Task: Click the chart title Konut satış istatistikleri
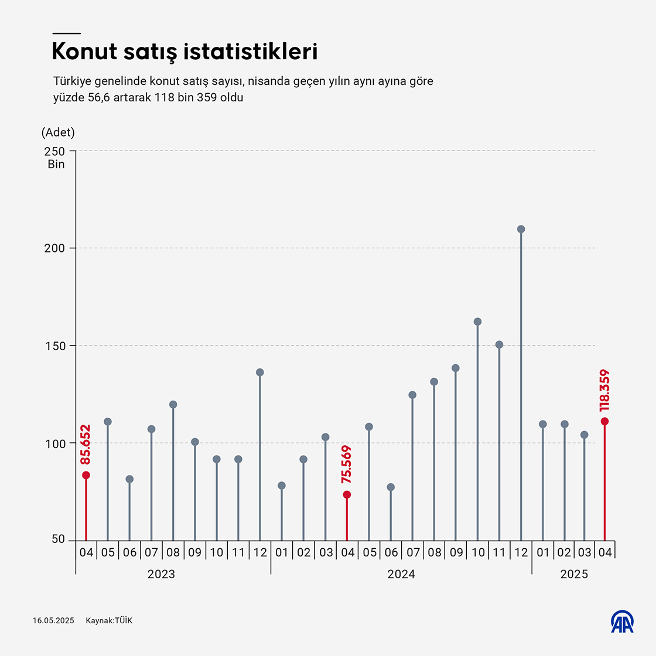(x=184, y=52)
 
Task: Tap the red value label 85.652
(x=86, y=445)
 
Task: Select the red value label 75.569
(x=347, y=464)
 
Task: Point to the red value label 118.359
(x=604, y=390)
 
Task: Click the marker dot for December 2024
(x=521, y=229)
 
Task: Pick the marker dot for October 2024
(x=477, y=322)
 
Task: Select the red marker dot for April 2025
(x=604, y=421)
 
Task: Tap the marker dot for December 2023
(x=260, y=372)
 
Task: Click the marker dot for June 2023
(x=129, y=479)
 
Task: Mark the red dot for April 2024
(x=347, y=494)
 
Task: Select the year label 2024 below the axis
(x=401, y=574)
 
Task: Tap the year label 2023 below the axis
(x=161, y=574)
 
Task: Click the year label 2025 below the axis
(x=574, y=574)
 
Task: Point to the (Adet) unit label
(x=58, y=133)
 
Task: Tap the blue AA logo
(x=623, y=622)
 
